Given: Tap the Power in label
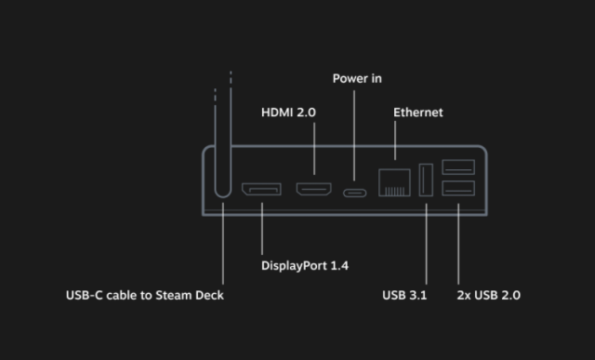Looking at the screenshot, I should pyautogui.click(x=357, y=78).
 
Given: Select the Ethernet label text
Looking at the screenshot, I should pyautogui.click(x=418, y=113).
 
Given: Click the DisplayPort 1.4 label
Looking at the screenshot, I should pyautogui.click(x=305, y=265).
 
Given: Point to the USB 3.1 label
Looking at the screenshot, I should pyautogui.click(x=405, y=295).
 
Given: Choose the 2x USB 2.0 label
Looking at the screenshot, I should pyautogui.click(x=489, y=295).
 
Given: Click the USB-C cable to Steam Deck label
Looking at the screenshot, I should pyautogui.click(x=144, y=295).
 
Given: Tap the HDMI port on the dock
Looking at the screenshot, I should pyautogui.click(x=314, y=190).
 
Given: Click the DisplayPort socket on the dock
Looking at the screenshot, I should pyautogui.click(x=261, y=190).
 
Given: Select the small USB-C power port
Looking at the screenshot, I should pyautogui.click(x=354, y=193).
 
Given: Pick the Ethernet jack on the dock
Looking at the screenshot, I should pyautogui.click(x=394, y=182).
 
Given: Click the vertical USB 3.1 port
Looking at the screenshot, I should pyautogui.click(x=426, y=180).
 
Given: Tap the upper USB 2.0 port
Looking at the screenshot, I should pyautogui.click(x=458, y=167).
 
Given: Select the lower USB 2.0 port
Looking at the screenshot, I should pyautogui.click(x=458, y=189).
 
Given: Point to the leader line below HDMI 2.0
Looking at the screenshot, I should pyautogui.click(x=314, y=149).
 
